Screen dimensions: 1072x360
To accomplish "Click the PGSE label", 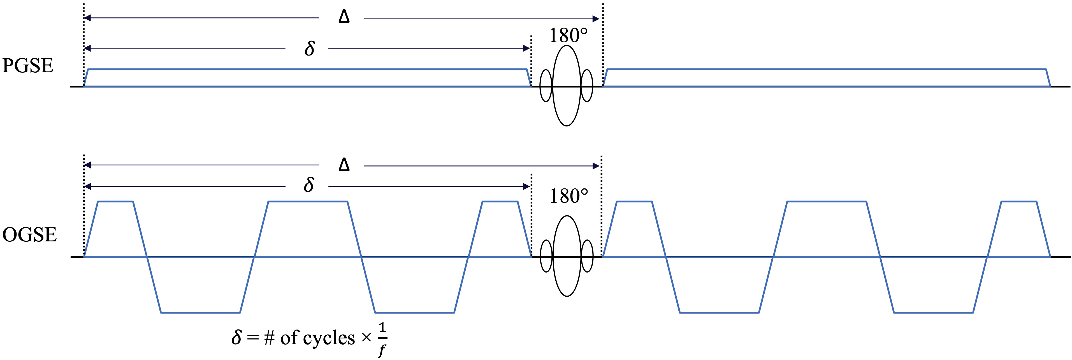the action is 28,66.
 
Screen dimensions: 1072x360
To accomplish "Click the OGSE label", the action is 29,235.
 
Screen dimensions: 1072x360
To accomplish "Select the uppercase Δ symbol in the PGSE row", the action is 344,17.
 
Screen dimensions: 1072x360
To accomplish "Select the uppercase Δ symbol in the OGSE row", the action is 344,165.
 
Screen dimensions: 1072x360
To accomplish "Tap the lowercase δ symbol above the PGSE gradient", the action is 310,48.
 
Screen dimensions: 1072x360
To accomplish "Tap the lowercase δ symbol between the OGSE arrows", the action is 309,184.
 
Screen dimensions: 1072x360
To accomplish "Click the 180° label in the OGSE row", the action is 569,196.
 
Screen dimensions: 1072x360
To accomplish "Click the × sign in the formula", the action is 366,338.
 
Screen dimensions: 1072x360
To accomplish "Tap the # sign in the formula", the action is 269,338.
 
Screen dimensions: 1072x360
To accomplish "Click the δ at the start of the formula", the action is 236,337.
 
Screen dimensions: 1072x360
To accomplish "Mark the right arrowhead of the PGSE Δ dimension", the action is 596,19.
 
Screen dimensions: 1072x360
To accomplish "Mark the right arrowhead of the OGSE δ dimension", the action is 526,186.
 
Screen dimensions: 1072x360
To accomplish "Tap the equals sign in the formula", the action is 253,338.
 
